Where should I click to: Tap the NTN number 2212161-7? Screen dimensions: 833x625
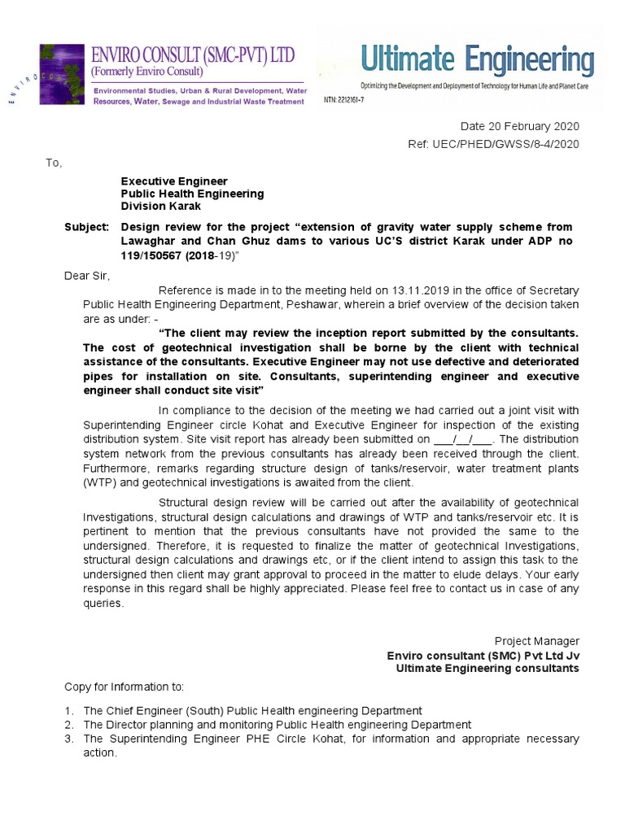tap(344, 98)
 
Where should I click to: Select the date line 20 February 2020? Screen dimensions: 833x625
tap(520, 127)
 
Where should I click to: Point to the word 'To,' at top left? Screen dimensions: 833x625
tap(54, 163)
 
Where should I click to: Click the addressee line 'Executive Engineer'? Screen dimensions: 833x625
tap(174, 181)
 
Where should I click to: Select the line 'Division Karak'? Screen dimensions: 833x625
tap(161, 207)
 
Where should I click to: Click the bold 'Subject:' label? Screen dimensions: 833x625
tap(85, 226)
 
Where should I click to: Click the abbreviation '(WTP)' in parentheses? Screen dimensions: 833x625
tap(102, 482)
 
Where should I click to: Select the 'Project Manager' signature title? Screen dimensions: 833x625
tap(537, 641)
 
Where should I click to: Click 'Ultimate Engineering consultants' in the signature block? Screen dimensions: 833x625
tap(487, 668)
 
